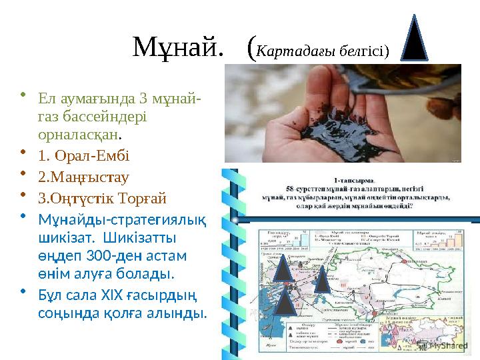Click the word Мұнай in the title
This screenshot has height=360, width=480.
(175, 47)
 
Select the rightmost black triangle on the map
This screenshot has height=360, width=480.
(322, 279)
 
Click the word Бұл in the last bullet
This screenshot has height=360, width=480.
(50, 295)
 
